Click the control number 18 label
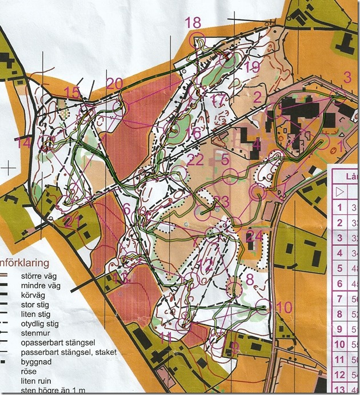click(x=193, y=23)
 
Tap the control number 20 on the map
click(x=114, y=84)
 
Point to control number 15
click(x=73, y=93)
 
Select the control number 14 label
click(x=23, y=143)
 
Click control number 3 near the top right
click(x=346, y=77)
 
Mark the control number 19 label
click(x=251, y=67)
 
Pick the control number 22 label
click(x=195, y=160)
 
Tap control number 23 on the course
click(x=221, y=201)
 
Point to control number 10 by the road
click(x=283, y=307)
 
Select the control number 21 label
click(x=73, y=221)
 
